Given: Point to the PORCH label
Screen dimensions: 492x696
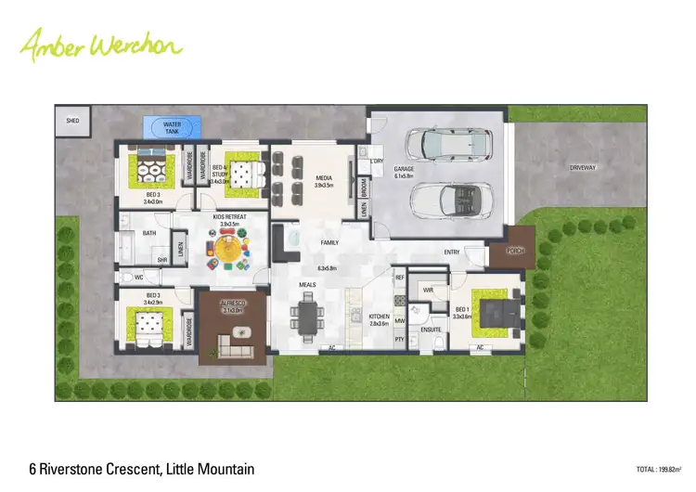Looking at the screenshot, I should coord(514,251).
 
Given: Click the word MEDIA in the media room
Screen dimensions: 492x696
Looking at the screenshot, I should coord(324,178).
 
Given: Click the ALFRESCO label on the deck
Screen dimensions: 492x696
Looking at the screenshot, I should coord(232,305).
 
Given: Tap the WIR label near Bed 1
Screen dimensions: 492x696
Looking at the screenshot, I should coord(428,291).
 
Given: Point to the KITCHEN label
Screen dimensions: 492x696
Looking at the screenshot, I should coord(379,317).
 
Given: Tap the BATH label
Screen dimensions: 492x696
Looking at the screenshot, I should coord(149,235).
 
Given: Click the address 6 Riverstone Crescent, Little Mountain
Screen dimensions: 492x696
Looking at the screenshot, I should coord(141,468).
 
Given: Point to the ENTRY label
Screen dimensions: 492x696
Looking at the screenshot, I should coord(452,252).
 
